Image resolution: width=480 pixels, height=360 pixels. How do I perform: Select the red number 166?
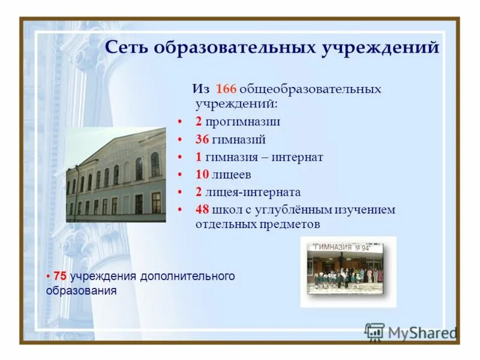tap(226, 89)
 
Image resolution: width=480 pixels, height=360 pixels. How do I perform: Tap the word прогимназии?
tap(242, 122)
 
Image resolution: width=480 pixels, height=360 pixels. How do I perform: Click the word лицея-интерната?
tap(253, 193)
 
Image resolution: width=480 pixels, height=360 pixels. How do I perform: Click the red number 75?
tap(60, 277)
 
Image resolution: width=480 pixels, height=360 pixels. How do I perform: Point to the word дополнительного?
tap(187, 277)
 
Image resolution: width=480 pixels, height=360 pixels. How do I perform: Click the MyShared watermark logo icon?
tap(374, 332)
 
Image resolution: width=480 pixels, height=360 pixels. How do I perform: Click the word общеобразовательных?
tap(310, 89)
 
